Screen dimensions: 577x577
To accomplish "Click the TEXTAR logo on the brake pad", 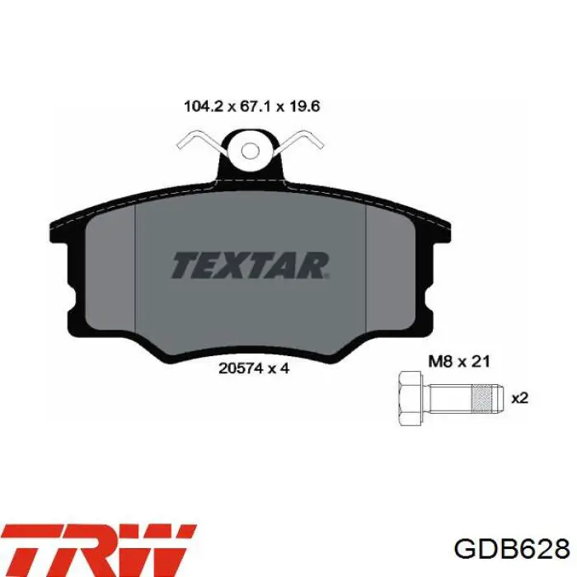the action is click(x=250, y=265).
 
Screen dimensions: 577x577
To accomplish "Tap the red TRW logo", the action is click(x=98, y=551).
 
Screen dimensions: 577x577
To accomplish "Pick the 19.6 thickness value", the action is click(x=304, y=106).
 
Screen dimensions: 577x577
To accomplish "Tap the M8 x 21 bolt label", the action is click(x=459, y=361).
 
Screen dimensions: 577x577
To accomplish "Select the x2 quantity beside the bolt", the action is click(x=520, y=398).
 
